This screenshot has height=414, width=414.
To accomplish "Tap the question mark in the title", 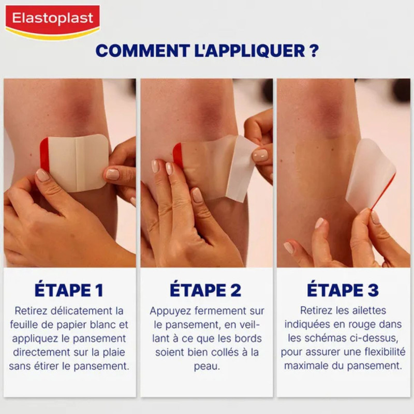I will (x=314, y=51).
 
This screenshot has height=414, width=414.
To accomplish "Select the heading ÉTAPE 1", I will (x=69, y=290).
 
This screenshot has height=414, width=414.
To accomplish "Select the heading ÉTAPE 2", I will (x=206, y=290).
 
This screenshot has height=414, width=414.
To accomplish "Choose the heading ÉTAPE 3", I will (x=343, y=290).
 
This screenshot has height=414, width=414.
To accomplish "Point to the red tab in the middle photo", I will (x=178, y=155).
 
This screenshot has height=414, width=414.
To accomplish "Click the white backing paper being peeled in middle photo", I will (x=242, y=168).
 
